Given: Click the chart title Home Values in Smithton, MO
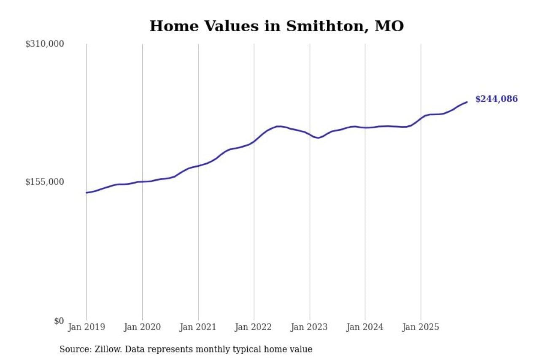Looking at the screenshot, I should click(276, 26).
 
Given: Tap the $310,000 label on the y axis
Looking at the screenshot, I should click(45, 44).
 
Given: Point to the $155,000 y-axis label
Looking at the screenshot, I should click(45, 182).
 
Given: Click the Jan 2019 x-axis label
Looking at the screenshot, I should click(86, 327).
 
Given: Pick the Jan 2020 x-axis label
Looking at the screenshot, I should click(142, 327).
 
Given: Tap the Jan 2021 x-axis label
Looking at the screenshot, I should click(198, 327).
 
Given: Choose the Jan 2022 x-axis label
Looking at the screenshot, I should click(254, 327).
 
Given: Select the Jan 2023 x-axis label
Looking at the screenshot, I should click(309, 327).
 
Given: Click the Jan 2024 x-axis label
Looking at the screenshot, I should click(365, 327).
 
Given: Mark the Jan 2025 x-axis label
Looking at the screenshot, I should click(421, 327).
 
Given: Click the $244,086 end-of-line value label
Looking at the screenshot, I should click(496, 99).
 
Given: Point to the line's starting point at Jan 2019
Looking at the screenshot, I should click(87, 192).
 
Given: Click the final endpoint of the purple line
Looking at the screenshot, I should click(467, 102).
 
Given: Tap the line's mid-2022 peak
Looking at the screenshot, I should click(278, 126).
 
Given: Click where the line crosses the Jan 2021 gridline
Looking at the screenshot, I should click(198, 166).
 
